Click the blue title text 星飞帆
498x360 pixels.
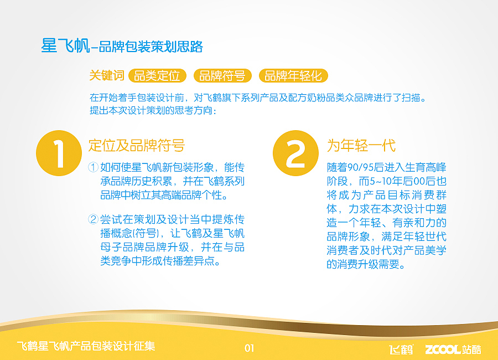[x=65, y=46]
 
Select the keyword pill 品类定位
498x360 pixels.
[x=157, y=76]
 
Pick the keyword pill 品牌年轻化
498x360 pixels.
[x=293, y=76]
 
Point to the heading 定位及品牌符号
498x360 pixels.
[x=136, y=146]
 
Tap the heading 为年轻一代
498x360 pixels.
[x=361, y=146]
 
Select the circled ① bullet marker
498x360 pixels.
[x=94, y=167]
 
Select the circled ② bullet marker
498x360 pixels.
[x=94, y=219]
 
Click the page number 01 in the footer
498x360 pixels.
[x=249, y=348]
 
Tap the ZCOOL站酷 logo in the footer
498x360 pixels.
[x=453, y=349]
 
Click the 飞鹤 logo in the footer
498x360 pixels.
[x=401, y=349]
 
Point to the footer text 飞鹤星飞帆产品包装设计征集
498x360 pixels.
[x=86, y=347]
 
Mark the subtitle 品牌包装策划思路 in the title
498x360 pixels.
[x=151, y=47]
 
